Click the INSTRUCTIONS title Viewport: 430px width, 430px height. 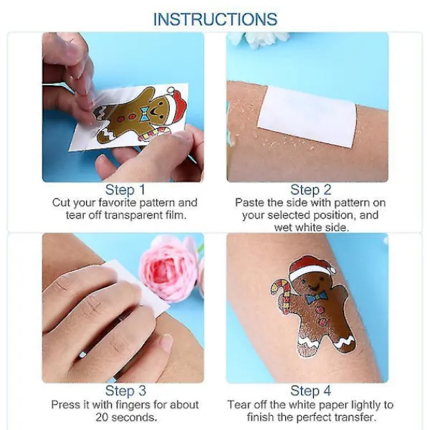pos(215,19)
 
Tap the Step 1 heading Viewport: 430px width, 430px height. pos(125,190)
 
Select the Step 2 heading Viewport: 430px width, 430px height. pos(311,190)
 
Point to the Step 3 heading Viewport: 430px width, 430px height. pos(125,391)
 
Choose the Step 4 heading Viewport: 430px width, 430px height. pos(311,391)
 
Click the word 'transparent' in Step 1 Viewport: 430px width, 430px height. pos(133,215)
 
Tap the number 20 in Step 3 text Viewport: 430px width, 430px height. pos(102,417)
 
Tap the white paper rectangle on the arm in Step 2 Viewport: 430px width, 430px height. pos(307,116)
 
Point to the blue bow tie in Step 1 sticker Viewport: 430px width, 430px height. pos(145,114)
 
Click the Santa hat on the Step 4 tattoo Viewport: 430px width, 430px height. pos(311,267)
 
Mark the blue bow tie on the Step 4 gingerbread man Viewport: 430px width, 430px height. pos(317,297)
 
